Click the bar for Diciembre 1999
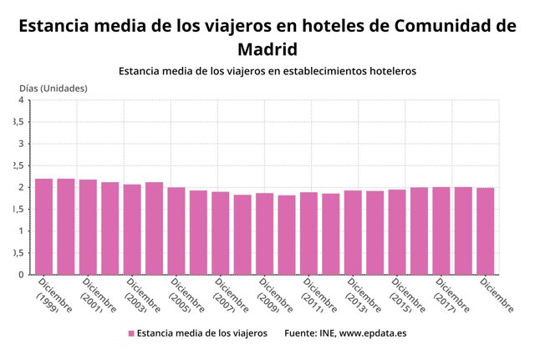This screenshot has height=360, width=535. click(x=44, y=226)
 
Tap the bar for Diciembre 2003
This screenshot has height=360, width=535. click(x=132, y=229)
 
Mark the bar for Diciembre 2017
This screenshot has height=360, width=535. click(x=441, y=231)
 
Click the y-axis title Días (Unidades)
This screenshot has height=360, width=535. click(x=53, y=88)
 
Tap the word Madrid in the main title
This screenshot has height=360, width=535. click(x=267, y=48)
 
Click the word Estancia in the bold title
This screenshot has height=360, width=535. click(x=55, y=25)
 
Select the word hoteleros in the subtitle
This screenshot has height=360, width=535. click(x=386, y=71)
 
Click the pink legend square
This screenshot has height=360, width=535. click(x=130, y=334)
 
